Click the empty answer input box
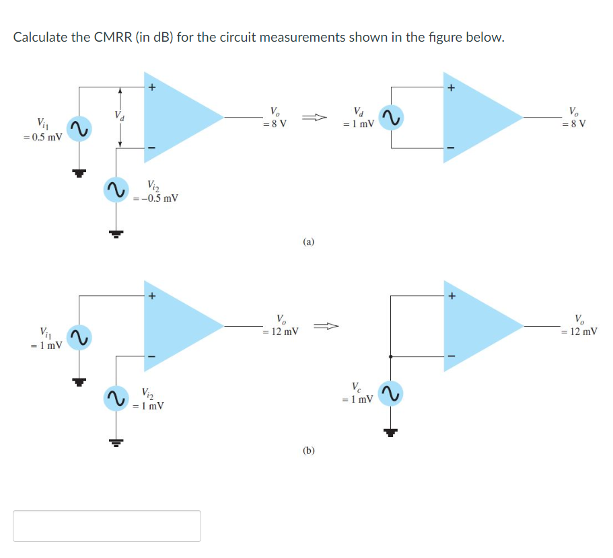(107, 526)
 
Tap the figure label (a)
(308, 241)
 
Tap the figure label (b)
(308, 451)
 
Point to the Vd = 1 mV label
(359, 118)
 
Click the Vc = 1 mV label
(358, 393)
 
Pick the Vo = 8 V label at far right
(577, 118)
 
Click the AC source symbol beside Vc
(390, 394)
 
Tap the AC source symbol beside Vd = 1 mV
(391, 118)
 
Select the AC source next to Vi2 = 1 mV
(116, 397)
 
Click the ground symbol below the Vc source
(390, 432)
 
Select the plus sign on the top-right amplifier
(452, 87)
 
